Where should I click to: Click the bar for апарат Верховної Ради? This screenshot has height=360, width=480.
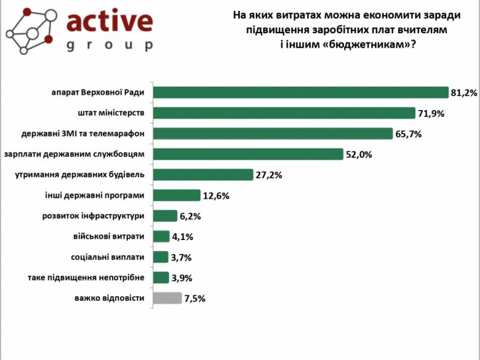click(300, 92)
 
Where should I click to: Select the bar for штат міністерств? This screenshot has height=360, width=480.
click(284, 113)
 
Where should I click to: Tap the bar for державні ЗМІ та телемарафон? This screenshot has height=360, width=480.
click(273, 134)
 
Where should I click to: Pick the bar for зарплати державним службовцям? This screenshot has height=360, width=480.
click(247, 154)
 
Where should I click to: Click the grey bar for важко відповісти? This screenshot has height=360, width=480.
click(167, 298)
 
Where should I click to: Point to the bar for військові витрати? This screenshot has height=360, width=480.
click(161, 236)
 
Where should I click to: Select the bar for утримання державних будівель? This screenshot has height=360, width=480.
click(203, 174)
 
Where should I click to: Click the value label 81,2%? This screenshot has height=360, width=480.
click(464, 93)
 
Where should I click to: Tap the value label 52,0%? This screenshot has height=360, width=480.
click(359, 154)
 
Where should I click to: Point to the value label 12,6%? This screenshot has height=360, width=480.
click(216, 196)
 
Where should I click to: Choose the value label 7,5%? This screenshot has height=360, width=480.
click(194, 298)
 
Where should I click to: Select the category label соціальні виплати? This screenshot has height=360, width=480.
click(108, 257)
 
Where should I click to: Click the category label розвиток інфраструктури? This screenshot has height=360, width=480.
click(94, 216)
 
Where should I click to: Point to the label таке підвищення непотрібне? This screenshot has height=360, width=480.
click(86, 278)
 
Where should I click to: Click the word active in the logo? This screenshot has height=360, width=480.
click(109, 21)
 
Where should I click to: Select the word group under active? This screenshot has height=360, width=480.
click(109, 46)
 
